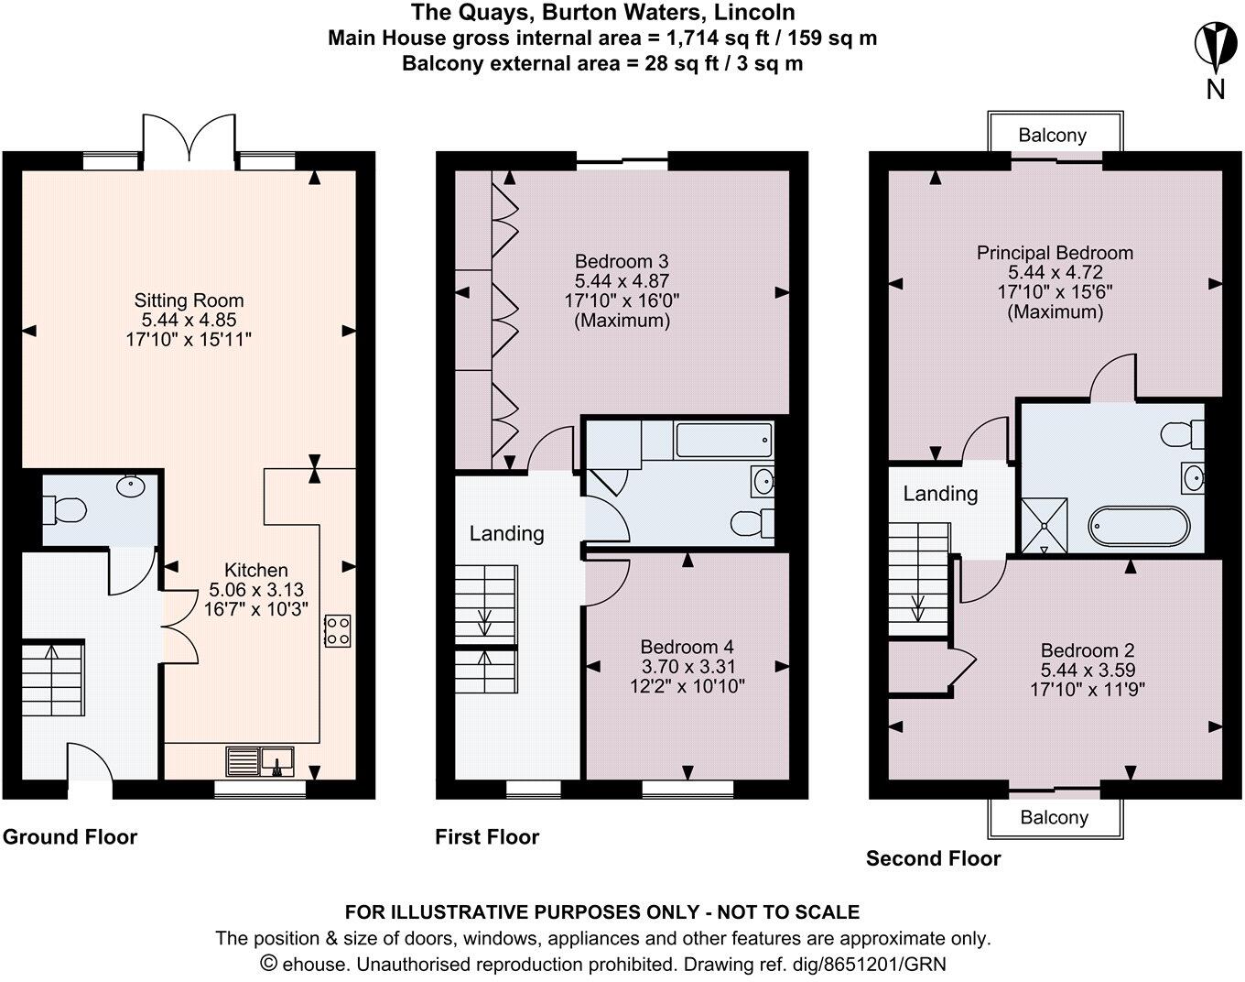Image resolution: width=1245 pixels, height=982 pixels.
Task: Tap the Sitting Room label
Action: [x=189, y=300]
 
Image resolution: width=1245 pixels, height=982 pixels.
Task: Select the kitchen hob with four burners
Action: [x=337, y=631]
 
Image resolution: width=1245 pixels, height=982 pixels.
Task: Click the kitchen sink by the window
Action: [x=260, y=760]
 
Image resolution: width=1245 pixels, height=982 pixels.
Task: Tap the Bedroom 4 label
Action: [x=687, y=647]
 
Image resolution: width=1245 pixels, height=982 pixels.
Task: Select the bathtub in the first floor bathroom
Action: [x=724, y=442]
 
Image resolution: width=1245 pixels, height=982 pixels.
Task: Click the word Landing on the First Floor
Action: [x=506, y=533]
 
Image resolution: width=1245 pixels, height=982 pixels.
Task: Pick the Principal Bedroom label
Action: [x=1055, y=253]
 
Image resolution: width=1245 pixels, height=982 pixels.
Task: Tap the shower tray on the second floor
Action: [x=1044, y=525]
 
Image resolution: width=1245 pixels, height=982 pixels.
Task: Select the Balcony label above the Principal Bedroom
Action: [x=1053, y=136]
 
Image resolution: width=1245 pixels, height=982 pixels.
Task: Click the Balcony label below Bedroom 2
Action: [x=1054, y=817]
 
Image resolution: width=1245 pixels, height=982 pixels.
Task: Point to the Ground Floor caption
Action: [x=70, y=836]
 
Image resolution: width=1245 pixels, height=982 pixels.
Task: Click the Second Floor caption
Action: [x=933, y=858]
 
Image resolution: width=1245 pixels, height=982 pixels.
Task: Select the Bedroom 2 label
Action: [x=1088, y=650]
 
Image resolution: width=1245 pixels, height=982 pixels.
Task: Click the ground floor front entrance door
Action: [x=90, y=763]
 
